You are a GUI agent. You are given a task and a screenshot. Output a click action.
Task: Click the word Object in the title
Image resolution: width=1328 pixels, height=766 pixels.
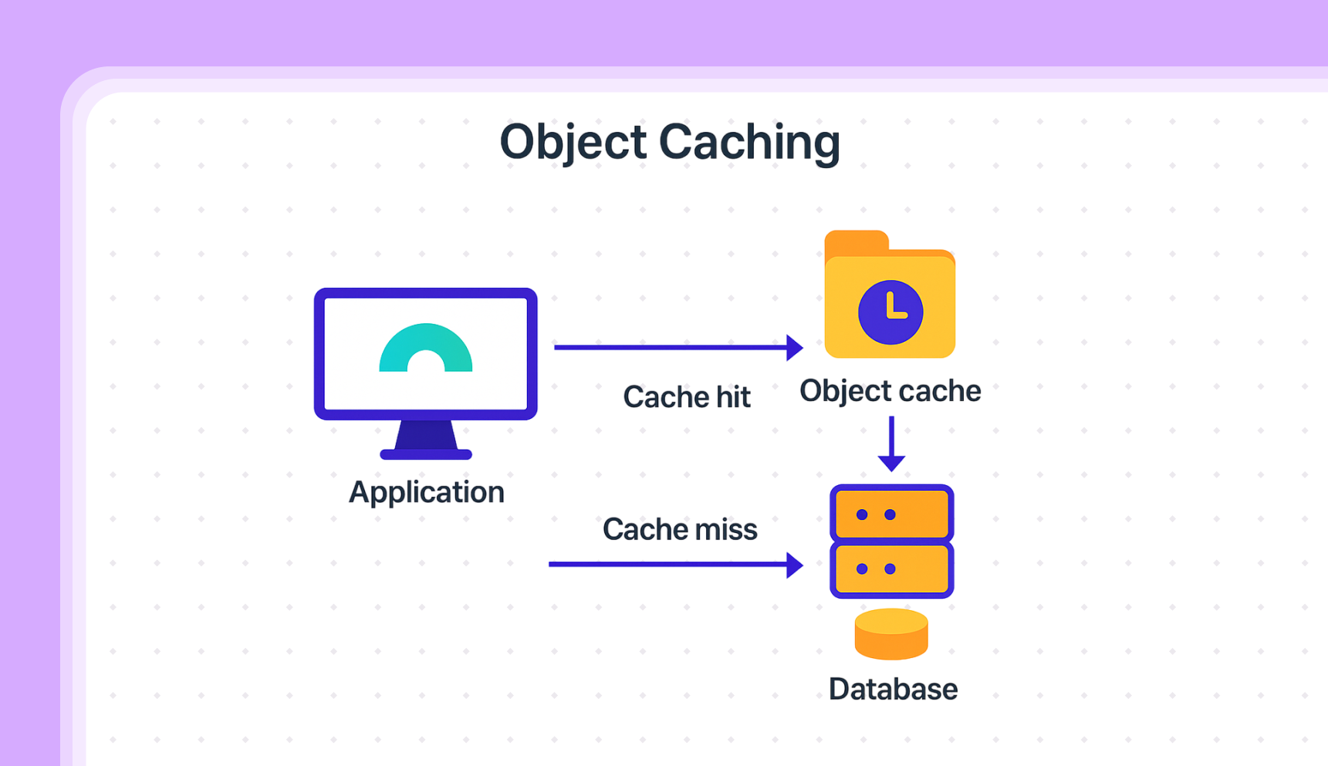pos(573,143)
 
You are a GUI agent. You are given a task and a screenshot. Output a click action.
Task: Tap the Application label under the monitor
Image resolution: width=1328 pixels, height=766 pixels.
pos(426,492)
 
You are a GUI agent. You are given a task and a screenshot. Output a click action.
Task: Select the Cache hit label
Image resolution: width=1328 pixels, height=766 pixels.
pos(686,397)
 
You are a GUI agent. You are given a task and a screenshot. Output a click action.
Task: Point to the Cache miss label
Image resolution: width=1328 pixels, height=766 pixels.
pos(679,530)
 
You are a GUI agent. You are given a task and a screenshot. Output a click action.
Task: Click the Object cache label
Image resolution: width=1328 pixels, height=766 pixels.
pos(890,391)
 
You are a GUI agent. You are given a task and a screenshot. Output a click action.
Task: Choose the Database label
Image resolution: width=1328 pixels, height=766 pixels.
pos(893,690)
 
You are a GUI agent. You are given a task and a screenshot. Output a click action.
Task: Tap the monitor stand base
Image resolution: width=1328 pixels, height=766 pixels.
pos(426,454)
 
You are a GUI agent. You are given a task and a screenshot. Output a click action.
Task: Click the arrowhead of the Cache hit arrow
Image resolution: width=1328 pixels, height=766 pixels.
pos(794,348)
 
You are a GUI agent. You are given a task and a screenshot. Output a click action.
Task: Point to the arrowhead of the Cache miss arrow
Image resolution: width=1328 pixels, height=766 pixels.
pos(794,565)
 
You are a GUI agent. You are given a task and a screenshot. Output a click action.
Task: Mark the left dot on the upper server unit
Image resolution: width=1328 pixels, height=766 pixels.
pos(862,515)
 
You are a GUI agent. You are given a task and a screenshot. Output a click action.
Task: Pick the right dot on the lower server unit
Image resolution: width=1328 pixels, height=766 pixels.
pos(890,569)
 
